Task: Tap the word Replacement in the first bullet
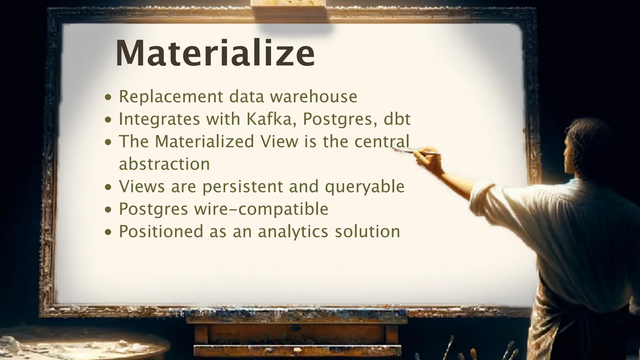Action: pos(171,97)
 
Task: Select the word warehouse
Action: pos(313,97)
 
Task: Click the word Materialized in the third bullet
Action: pos(204,141)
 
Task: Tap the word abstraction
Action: pos(164,164)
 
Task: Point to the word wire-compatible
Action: pos(261,209)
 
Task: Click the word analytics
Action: pos(293,232)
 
